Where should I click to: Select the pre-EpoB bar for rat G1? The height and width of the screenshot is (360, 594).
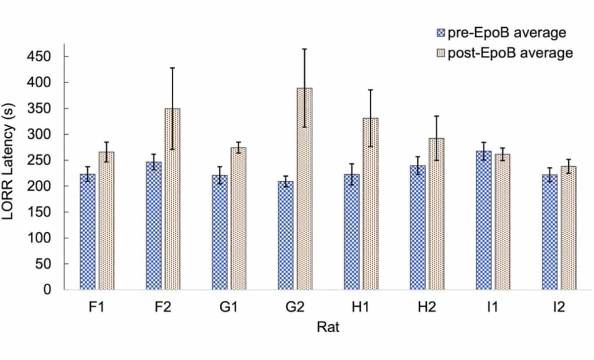(220, 232)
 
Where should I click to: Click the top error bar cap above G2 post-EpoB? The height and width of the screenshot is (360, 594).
(304, 49)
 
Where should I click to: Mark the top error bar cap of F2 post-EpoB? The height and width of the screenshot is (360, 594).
(172, 68)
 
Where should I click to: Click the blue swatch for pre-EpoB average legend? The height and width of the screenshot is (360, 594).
(441, 34)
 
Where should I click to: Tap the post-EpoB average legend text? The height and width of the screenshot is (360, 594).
(510, 53)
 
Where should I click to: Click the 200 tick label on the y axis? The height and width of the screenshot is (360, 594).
(47, 186)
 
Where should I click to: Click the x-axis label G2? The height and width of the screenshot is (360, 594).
(296, 308)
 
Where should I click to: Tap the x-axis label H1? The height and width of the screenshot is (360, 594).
(361, 308)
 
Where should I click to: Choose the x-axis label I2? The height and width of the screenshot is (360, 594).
(559, 308)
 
